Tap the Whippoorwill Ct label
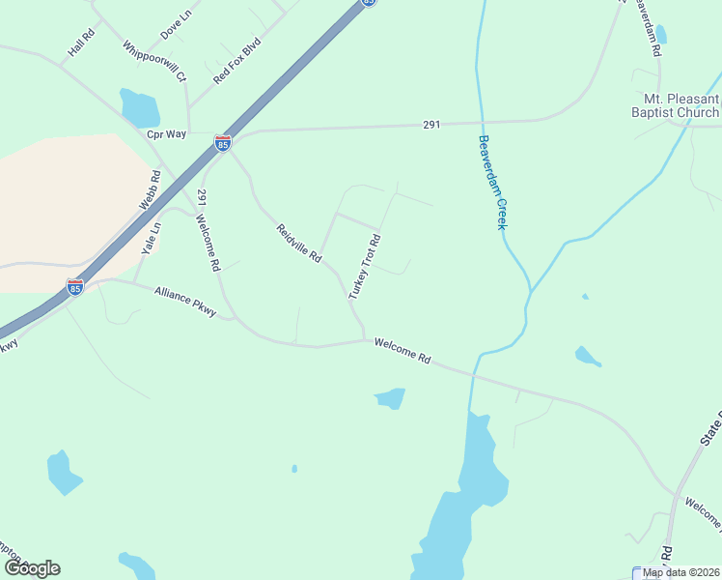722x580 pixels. click(154, 61)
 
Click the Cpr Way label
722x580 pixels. click(166, 134)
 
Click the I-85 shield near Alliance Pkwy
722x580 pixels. click(75, 286)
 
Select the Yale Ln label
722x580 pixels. click(151, 238)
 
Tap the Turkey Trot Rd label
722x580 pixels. click(365, 265)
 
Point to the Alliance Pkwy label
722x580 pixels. click(185, 301)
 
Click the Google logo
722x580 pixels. click(32, 568)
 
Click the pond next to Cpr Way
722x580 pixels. click(139, 107)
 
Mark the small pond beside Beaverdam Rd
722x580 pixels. click(660, 36)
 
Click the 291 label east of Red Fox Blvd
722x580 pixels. click(431, 125)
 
